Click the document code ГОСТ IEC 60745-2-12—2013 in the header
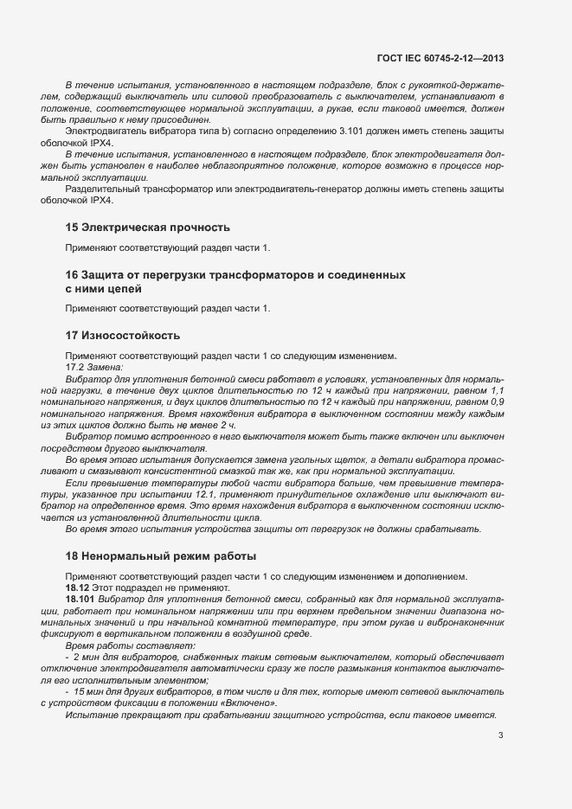[440, 59]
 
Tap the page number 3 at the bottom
[501, 736]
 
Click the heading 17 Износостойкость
[123, 335]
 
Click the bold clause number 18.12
[80, 587]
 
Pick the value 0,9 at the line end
[496, 403]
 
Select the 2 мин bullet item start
[87, 658]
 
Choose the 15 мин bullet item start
[90, 693]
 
